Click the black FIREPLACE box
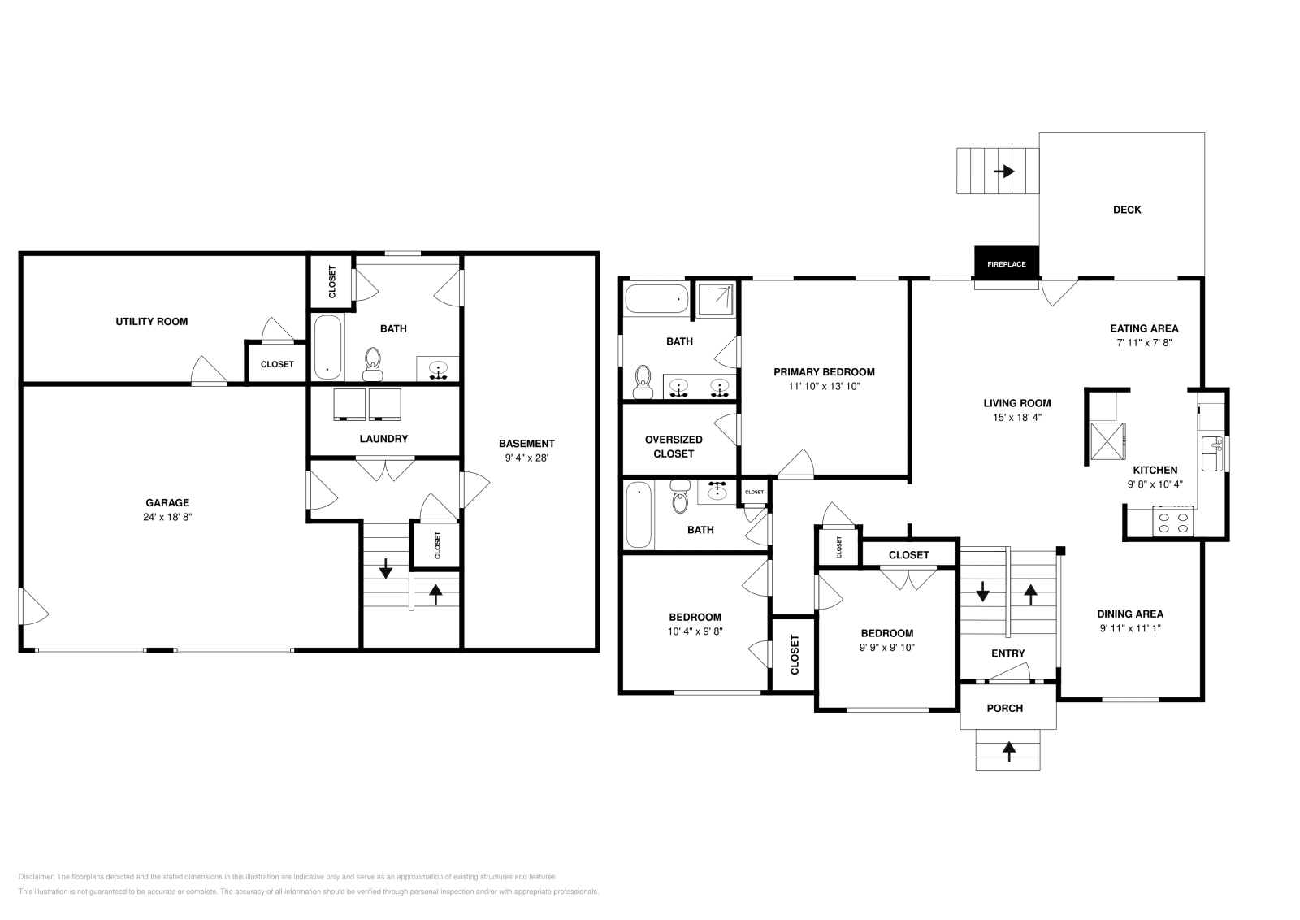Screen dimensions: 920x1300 [x=1006, y=263]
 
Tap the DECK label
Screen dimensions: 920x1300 [x=1126, y=210]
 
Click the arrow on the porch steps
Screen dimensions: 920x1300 [x=1009, y=752]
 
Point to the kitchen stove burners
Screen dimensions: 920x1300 [x=1172, y=522]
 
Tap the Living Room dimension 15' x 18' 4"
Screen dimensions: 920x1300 [x=1016, y=418]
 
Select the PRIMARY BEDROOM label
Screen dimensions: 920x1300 [x=824, y=372]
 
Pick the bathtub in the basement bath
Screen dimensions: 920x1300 [x=327, y=347]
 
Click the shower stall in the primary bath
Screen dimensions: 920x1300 [x=716, y=298]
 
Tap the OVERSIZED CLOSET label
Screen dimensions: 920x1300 [x=674, y=446]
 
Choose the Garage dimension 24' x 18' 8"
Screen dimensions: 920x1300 [x=167, y=517]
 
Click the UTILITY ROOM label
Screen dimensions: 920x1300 [x=151, y=321]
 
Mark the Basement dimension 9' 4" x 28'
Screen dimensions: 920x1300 [x=526, y=458]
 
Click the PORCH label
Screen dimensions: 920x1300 [x=1005, y=708]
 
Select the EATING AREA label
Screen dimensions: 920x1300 [x=1144, y=328]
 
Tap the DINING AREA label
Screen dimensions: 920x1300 [x=1130, y=614]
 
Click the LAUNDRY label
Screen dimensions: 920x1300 [x=383, y=439]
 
